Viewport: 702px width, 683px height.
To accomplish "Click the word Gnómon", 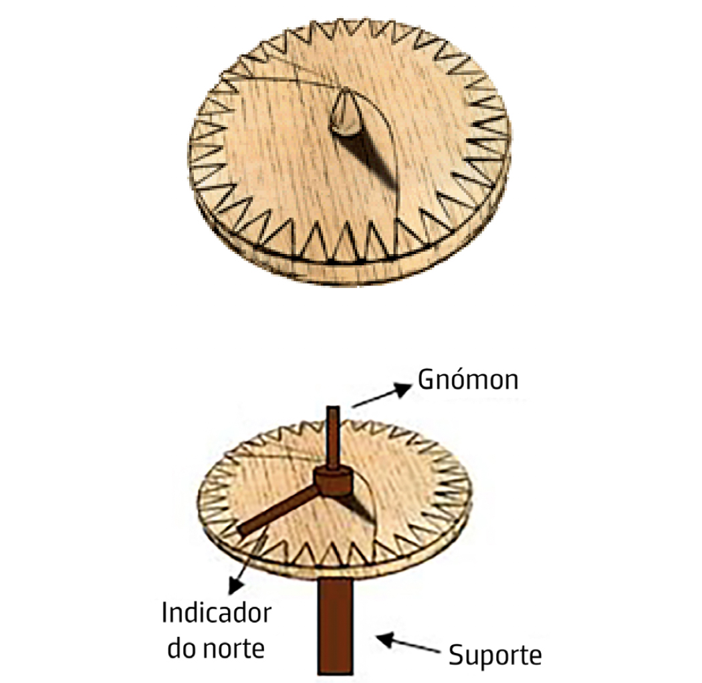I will [x=468, y=380].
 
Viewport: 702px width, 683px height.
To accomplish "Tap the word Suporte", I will [x=495, y=655].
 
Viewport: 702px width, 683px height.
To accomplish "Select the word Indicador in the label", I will [x=216, y=613].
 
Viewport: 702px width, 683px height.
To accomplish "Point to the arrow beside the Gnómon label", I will [x=379, y=396].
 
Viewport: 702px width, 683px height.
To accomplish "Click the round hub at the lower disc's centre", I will [x=333, y=481].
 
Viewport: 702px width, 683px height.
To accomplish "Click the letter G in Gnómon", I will [x=427, y=380].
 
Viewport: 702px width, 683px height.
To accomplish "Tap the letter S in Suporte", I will [x=455, y=655].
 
